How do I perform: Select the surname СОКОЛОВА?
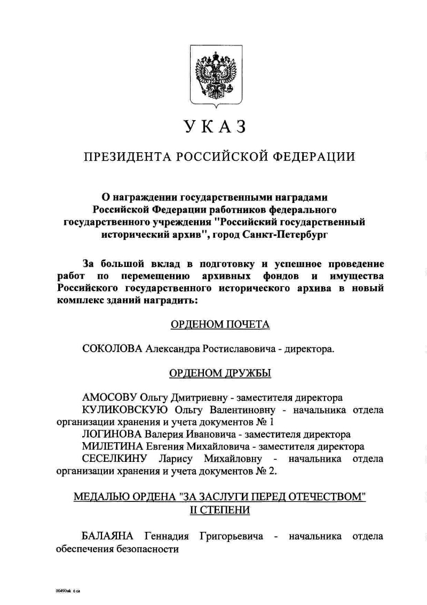(x=113, y=349)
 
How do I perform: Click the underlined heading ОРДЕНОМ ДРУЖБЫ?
(x=220, y=373)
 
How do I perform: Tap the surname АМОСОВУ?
(x=109, y=398)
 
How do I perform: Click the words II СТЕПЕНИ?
(x=220, y=509)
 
